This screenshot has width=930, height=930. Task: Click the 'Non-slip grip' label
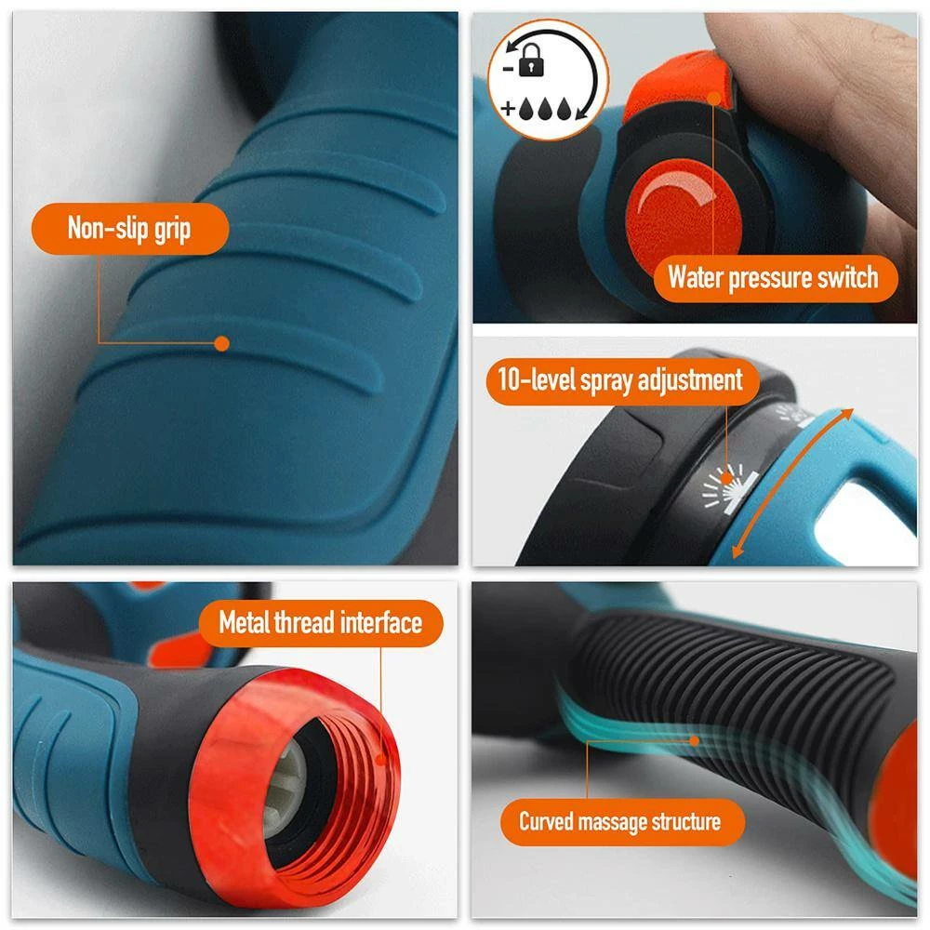point(130,229)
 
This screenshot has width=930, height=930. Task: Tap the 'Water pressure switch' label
point(772,277)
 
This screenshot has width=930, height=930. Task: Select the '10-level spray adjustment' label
point(620,380)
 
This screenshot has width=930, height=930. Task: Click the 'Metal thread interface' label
point(320,622)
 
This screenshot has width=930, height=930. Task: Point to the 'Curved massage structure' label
point(619,821)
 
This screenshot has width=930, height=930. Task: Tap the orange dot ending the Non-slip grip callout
point(221,343)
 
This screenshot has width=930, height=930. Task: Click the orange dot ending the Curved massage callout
point(694,741)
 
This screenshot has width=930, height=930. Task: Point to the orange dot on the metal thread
point(380,759)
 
